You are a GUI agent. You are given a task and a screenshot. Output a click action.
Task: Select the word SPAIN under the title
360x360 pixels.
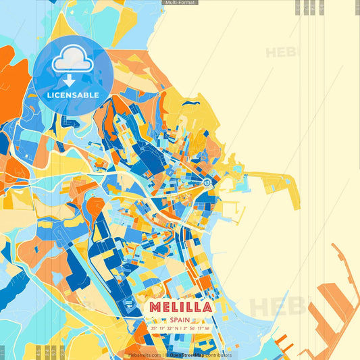tap(179, 319)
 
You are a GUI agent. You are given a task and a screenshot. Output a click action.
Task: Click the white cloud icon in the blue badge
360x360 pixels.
tap(72, 61)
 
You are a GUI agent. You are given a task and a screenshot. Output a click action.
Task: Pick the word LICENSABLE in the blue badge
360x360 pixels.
tap(72, 95)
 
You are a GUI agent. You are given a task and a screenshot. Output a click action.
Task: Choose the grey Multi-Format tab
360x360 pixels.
tap(180, 3)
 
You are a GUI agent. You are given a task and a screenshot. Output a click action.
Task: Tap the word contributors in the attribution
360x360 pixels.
tap(216, 355)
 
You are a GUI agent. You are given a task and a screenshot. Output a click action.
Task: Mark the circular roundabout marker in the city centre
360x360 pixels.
tap(207, 183)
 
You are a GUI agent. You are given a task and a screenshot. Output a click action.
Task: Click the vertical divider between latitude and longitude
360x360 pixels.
tap(180, 329)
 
